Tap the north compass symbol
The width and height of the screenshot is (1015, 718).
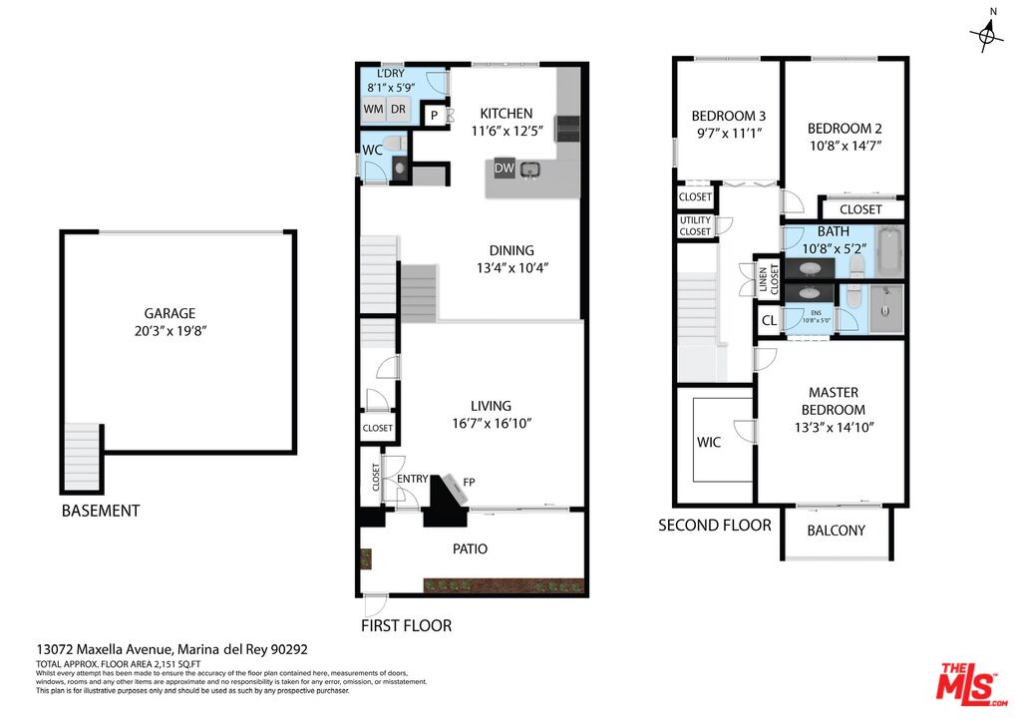click(988, 35)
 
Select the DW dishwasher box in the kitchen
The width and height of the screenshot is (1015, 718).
click(505, 169)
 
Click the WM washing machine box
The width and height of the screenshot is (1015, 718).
click(373, 110)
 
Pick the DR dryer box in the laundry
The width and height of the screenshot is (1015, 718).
click(397, 110)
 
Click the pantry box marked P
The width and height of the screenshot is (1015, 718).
click(435, 117)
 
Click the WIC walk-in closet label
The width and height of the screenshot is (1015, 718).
click(709, 441)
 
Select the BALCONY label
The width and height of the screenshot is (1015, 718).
click(836, 531)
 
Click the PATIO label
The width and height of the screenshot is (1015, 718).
click(471, 548)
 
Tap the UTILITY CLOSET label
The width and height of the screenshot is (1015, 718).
click(695, 225)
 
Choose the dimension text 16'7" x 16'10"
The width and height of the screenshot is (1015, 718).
click(491, 423)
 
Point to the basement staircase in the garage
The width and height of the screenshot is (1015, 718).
click(82, 457)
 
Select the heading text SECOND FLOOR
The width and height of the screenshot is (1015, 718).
click(714, 525)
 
